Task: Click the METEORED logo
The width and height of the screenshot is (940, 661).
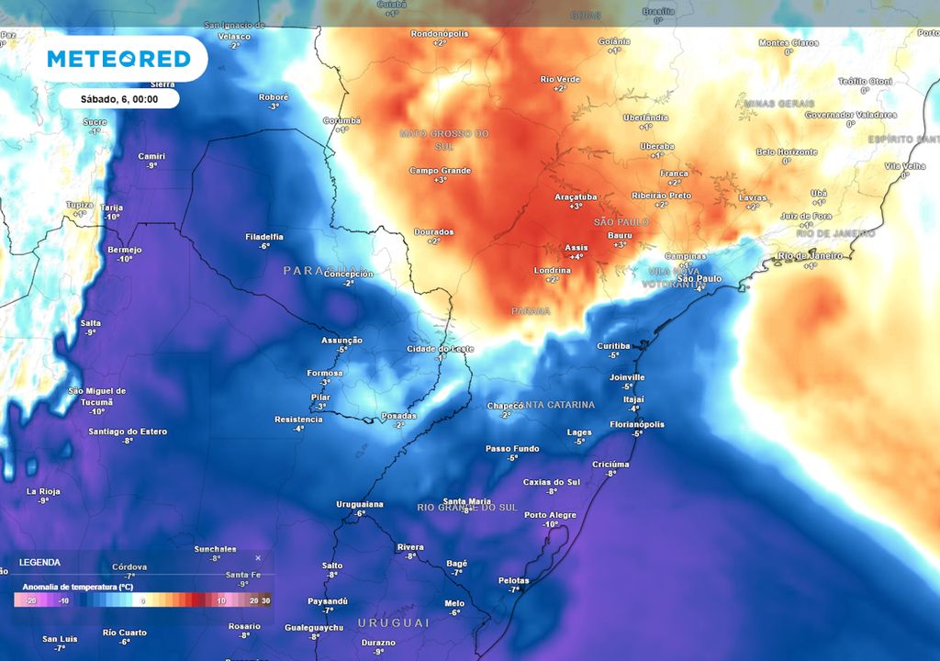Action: (119, 60)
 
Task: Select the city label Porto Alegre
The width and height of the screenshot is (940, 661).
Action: (550, 515)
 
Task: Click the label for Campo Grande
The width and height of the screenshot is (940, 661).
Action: (440, 171)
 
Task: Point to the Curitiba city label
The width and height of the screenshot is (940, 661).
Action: (613, 345)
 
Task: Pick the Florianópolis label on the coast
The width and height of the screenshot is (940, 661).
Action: (637, 424)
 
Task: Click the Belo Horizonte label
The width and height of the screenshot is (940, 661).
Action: (786, 151)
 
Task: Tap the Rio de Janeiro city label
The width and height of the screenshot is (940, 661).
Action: (810, 255)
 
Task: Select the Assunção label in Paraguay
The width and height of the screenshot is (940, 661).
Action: (341, 340)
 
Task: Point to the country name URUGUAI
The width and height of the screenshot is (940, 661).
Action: (394, 622)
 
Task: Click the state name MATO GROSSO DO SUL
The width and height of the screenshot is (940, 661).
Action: (444, 134)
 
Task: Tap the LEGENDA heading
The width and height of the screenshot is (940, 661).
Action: (39, 562)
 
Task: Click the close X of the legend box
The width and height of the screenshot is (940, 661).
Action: (258, 557)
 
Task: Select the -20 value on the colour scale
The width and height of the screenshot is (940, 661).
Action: (30, 600)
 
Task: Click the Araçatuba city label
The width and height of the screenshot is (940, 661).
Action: (576, 196)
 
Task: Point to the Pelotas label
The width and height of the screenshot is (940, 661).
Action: (513, 580)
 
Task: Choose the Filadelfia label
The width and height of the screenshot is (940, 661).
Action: (263, 237)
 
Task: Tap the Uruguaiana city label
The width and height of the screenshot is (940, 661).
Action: (360, 504)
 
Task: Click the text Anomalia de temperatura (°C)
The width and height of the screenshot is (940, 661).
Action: (78, 586)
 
